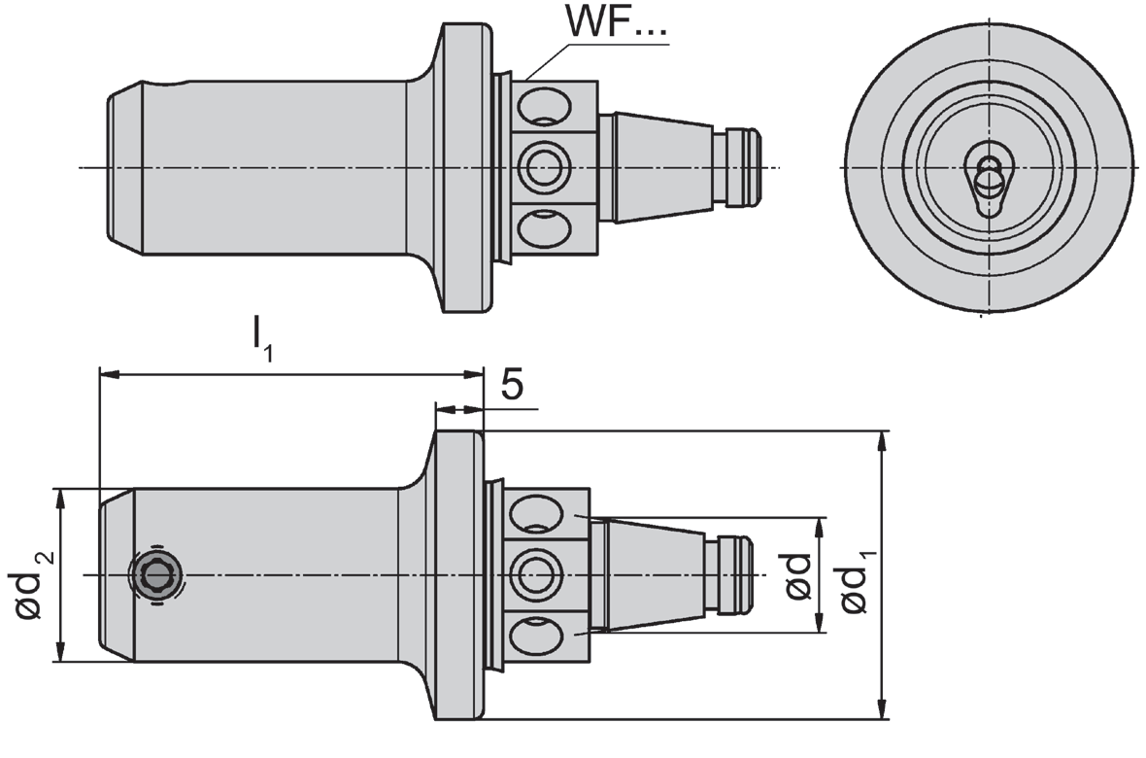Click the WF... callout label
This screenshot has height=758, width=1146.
618,26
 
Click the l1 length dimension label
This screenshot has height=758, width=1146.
262,337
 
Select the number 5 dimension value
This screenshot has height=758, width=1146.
512,386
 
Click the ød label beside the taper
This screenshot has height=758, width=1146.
798,575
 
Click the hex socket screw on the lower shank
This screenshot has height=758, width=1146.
156,575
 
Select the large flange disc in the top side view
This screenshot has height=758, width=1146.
463,168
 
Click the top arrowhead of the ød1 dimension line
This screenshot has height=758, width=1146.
882,440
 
